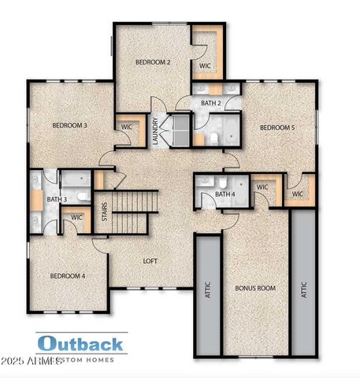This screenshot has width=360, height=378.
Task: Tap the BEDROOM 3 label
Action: click(x=69, y=125)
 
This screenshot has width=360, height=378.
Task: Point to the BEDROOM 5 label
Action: click(x=277, y=127)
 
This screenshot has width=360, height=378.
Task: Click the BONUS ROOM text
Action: click(x=255, y=288)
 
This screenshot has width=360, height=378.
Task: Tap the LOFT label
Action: click(x=151, y=261)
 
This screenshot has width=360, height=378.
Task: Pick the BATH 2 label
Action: click(x=210, y=103)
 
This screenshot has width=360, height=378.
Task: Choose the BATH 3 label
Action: click(x=56, y=199)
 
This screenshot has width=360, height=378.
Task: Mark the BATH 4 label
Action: click(x=225, y=194)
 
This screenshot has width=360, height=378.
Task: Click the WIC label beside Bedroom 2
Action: click(x=204, y=65)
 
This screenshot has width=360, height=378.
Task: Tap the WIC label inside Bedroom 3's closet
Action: click(x=126, y=126)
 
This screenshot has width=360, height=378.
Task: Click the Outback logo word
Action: click(x=80, y=343)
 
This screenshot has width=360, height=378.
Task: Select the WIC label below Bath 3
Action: click(x=76, y=217)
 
